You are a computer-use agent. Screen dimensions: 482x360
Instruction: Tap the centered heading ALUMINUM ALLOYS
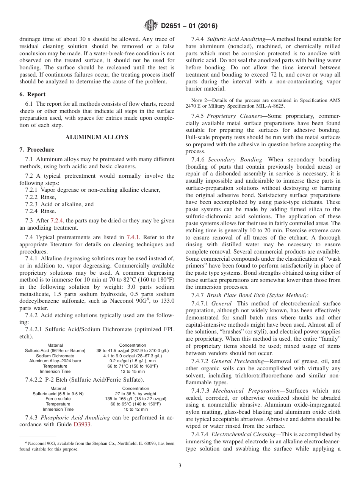[97, 137]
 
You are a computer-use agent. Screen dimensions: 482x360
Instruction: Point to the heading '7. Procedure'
[37, 150]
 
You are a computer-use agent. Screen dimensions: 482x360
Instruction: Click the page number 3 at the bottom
[180, 465]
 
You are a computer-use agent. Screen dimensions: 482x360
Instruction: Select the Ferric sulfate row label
[58, 399]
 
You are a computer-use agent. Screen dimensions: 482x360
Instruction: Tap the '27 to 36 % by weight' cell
[135, 394]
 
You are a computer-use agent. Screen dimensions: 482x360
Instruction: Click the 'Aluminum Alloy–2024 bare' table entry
[55, 361]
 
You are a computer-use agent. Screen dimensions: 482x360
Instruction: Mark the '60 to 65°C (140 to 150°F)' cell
[135, 404]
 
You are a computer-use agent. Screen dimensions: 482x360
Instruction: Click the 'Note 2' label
[200, 100]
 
